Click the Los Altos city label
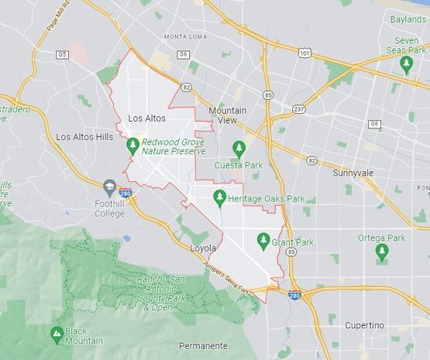point(146,118)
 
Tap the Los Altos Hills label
point(84,136)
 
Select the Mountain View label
point(228,115)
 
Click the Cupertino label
point(363,325)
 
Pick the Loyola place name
point(205,249)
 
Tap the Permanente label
point(203,345)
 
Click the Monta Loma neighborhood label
point(184,36)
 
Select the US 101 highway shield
point(304,53)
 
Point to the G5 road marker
point(62,54)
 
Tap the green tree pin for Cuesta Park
point(239,148)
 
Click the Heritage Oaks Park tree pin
point(219,198)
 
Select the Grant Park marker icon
point(263,241)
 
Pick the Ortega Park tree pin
point(381,252)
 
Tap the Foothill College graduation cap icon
point(109,187)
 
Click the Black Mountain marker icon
point(56,334)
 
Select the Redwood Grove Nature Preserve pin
point(132,145)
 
